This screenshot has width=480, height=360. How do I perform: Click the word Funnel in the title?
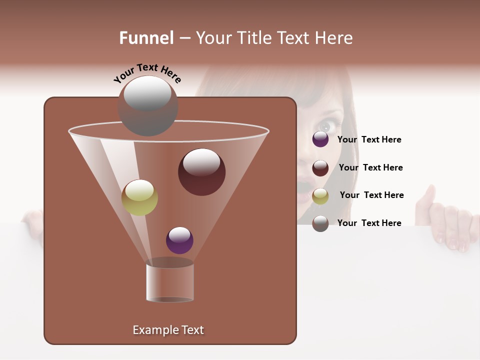point(146,38)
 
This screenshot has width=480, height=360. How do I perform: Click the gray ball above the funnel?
point(147,105)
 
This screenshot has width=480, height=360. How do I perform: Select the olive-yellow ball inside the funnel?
point(139,197)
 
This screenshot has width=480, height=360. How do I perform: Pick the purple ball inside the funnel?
point(179,240)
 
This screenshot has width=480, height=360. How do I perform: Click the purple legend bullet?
point(320,139)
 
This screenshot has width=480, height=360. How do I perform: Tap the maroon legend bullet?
point(320,167)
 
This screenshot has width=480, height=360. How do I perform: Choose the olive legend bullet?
point(320,195)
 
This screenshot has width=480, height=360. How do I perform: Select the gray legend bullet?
point(320,223)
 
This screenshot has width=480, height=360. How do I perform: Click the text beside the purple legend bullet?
point(369,139)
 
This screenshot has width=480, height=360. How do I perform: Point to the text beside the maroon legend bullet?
point(370,167)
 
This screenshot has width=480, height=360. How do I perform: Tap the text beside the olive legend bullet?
point(371,195)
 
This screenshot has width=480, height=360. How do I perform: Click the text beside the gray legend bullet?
point(369,223)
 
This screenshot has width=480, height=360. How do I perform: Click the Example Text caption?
point(168,330)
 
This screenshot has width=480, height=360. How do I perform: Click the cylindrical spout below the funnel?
point(170,283)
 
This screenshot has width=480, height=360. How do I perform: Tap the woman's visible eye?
point(326,125)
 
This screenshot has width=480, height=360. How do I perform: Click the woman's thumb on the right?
point(429,195)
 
